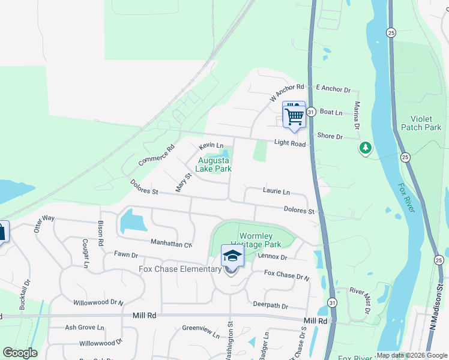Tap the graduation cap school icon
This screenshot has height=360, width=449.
click(x=232, y=257)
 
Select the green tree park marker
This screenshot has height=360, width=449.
click(x=365, y=147)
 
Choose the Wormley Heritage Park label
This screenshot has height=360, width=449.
click(x=260, y=241)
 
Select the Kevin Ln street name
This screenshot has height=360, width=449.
click(x=211, y=146)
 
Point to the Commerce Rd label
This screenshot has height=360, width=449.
click(x=155, y=155)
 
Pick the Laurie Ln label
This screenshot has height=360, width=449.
click(x=276, y=191)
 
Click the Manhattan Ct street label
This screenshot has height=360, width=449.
click(x=171, y=244)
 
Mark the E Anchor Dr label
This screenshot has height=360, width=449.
click(x=333, y=89)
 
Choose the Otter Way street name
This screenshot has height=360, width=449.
click(x=44, y=224)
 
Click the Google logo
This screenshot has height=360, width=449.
click(x=20, y=353)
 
